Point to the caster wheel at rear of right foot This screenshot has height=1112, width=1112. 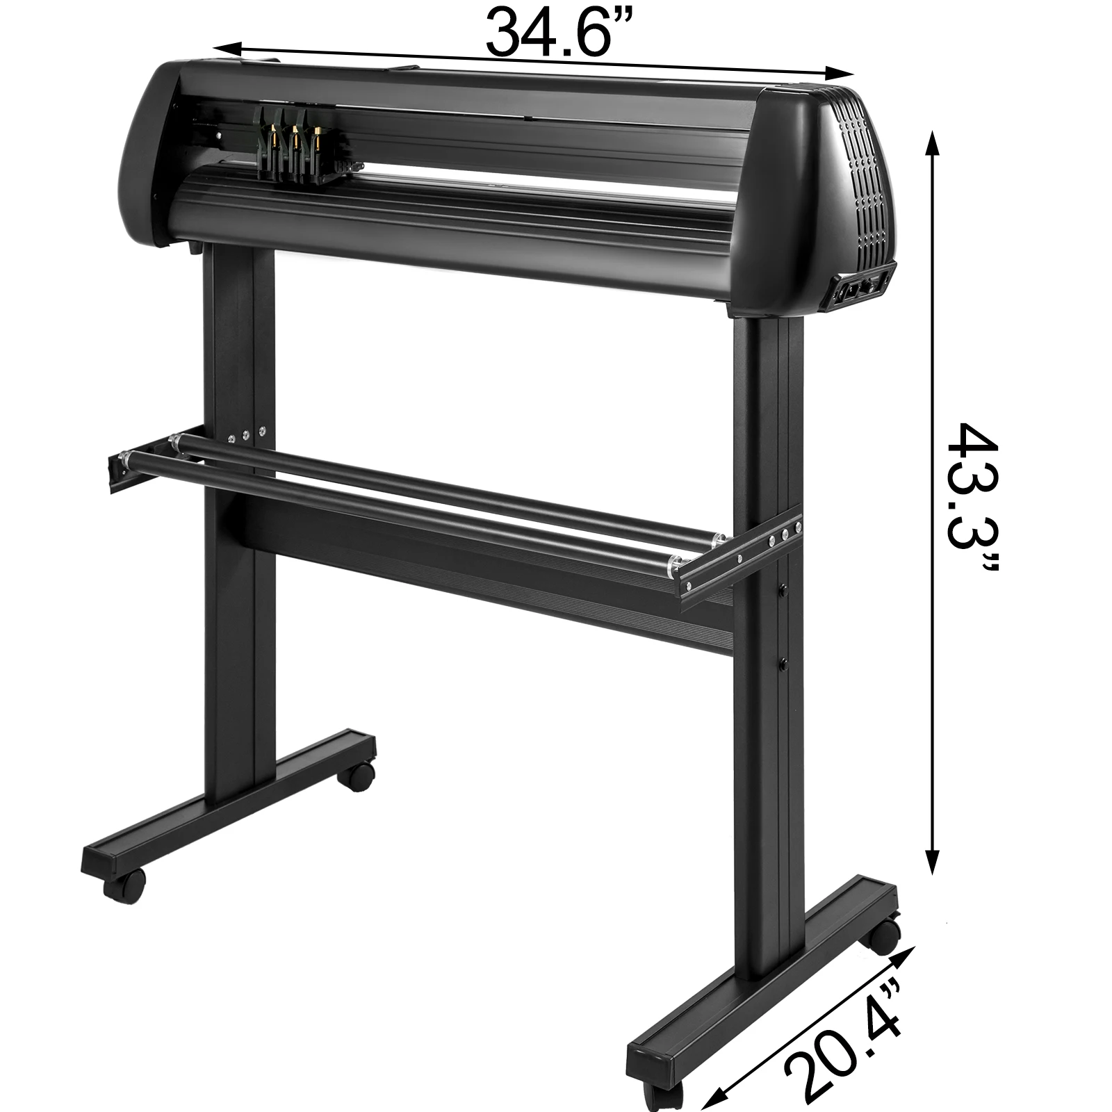pos(883,939)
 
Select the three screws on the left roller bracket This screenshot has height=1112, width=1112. pos(246,435)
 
